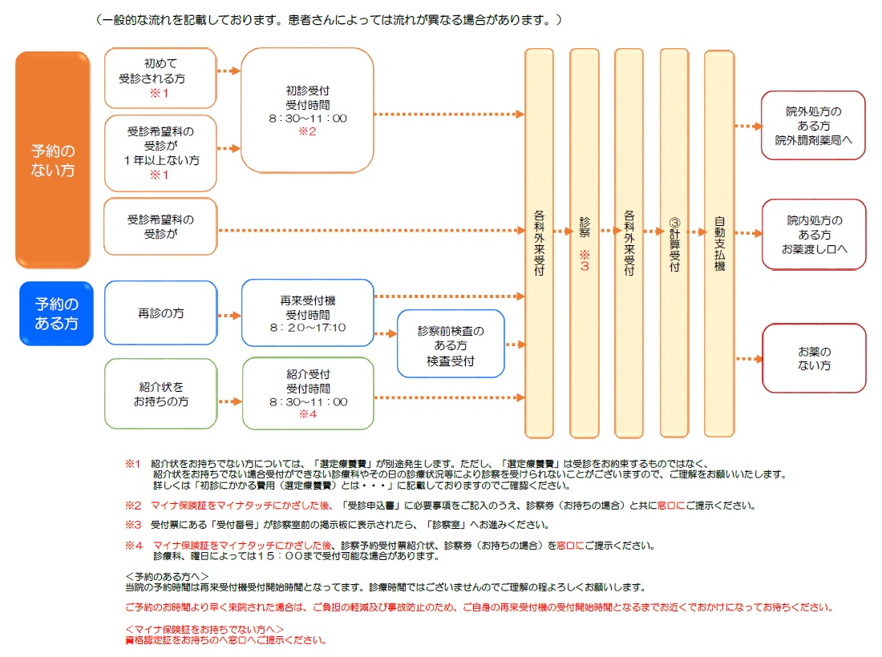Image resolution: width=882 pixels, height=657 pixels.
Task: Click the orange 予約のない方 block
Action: point(52,159)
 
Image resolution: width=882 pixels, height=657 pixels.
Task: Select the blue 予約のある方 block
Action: point(56,313)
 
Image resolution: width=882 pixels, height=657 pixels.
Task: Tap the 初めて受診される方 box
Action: point(160,79)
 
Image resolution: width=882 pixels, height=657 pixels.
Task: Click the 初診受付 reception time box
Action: point(307,110)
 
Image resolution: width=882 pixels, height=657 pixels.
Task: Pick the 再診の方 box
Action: point(161,313)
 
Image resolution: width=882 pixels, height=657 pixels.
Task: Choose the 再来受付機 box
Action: point(308,313)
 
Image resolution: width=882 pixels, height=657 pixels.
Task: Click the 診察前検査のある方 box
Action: point(451,344)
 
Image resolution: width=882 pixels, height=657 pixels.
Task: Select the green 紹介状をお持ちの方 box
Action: point(161,394)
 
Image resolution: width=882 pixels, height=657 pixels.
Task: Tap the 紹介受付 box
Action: point(308,394)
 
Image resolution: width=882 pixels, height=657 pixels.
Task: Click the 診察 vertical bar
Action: point(585,243)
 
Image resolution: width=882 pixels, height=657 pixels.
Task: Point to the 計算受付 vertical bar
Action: point(674,243)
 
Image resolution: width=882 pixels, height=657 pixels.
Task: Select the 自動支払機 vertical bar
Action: point(719,243)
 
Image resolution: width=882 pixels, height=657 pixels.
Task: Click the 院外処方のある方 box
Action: point(813,125)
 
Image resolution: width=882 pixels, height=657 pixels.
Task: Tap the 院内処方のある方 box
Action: point(814,235)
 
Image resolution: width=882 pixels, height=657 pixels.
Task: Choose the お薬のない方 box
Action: point(814,358)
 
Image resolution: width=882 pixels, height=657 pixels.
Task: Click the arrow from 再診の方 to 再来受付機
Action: point(229,316)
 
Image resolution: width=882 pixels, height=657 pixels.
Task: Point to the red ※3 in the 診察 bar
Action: point(585,260)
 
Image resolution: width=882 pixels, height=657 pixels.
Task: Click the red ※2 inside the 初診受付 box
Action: point(307,131)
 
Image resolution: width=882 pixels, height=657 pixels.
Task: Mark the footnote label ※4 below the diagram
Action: point(134,545)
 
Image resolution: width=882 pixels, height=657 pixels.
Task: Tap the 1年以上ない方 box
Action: point(160,153)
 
